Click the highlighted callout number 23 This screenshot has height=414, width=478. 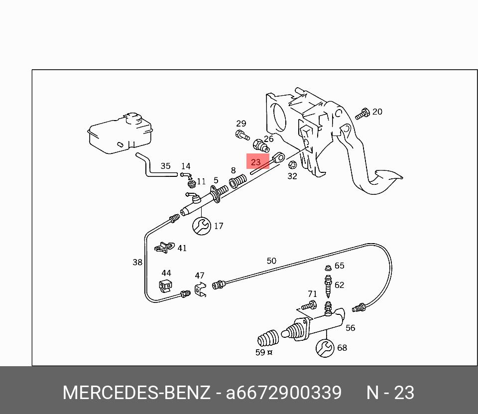click(x=256, y=162)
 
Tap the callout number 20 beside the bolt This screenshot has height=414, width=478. click(x=377, y=112)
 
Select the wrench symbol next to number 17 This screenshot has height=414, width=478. click(x=202, y=226)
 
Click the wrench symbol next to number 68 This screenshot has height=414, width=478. click(x=325, y=348)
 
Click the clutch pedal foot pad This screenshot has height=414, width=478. click(x=387, y=176)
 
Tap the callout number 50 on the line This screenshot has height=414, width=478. click(x=271, y=261)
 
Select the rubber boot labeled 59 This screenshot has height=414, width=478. click(x=268, y=340)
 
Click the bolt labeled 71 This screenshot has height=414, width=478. click(x=309, y=305)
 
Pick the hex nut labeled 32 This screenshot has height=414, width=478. click(x=293, y=165)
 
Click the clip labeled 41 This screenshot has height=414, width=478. click(x=164, y=247)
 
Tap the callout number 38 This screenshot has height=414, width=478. click(x=137, y=262)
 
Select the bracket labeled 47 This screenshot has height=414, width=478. click(x=200, y=289)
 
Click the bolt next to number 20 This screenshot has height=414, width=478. click(x=363, y=114)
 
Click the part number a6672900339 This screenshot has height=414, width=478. click(x=284, y=393)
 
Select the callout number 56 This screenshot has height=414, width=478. click(x=351, y=328)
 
